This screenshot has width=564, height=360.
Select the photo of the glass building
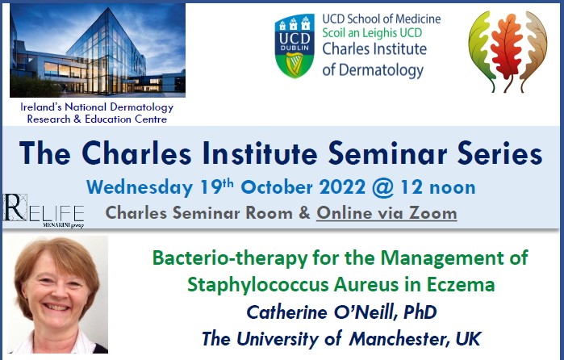click(97, 50)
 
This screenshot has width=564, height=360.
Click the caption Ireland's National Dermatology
click(96, 108)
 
